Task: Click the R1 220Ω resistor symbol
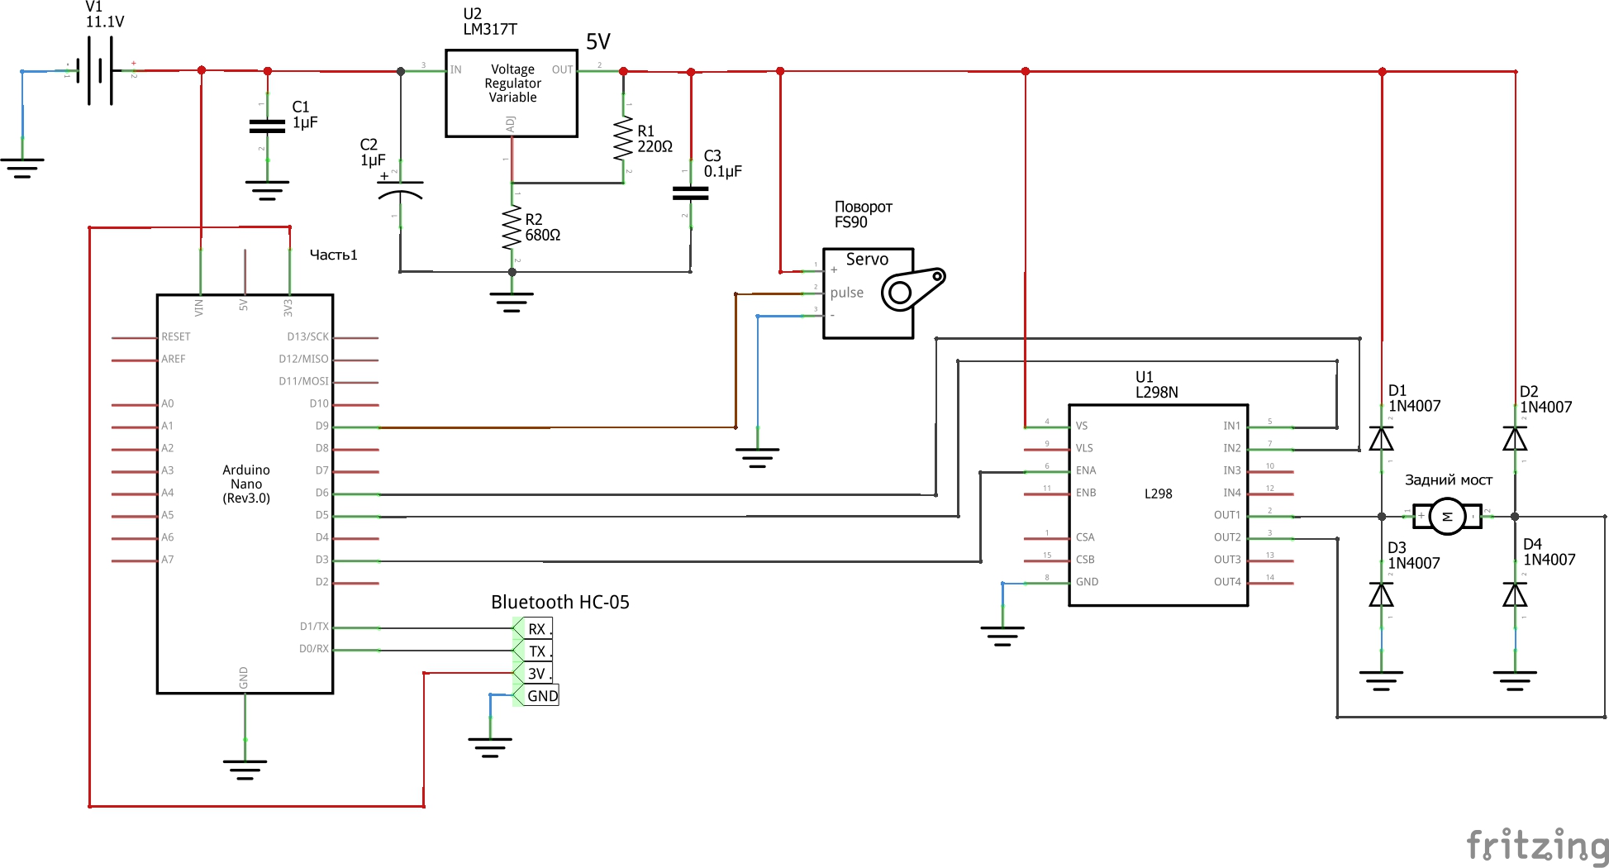(x=623, y=139)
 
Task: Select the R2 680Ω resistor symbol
(x=512, y=227)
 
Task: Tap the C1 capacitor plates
(x=267, y=126)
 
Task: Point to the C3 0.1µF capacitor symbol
(x=691, y=193)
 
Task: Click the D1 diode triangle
(x=1381, y=438)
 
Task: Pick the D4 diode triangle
(x=1515, y=594)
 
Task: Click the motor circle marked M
(x=1447, y=516)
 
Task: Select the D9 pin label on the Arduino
(x=321, y=426)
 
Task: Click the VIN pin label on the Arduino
(x=199, y=308)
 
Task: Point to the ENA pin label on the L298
(x=1086, y=470)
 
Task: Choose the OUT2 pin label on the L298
(x=1227, y=537)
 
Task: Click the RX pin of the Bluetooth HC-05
(x=537, y=629)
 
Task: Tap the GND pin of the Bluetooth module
(x=542, y=696)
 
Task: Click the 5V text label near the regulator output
(x=597, y=42)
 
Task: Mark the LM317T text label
(x=490, y=30)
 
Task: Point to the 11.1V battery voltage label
(x=105, y=22)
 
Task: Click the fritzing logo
(x=1537, y=846)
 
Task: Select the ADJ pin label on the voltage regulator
(x=511, y=124)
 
